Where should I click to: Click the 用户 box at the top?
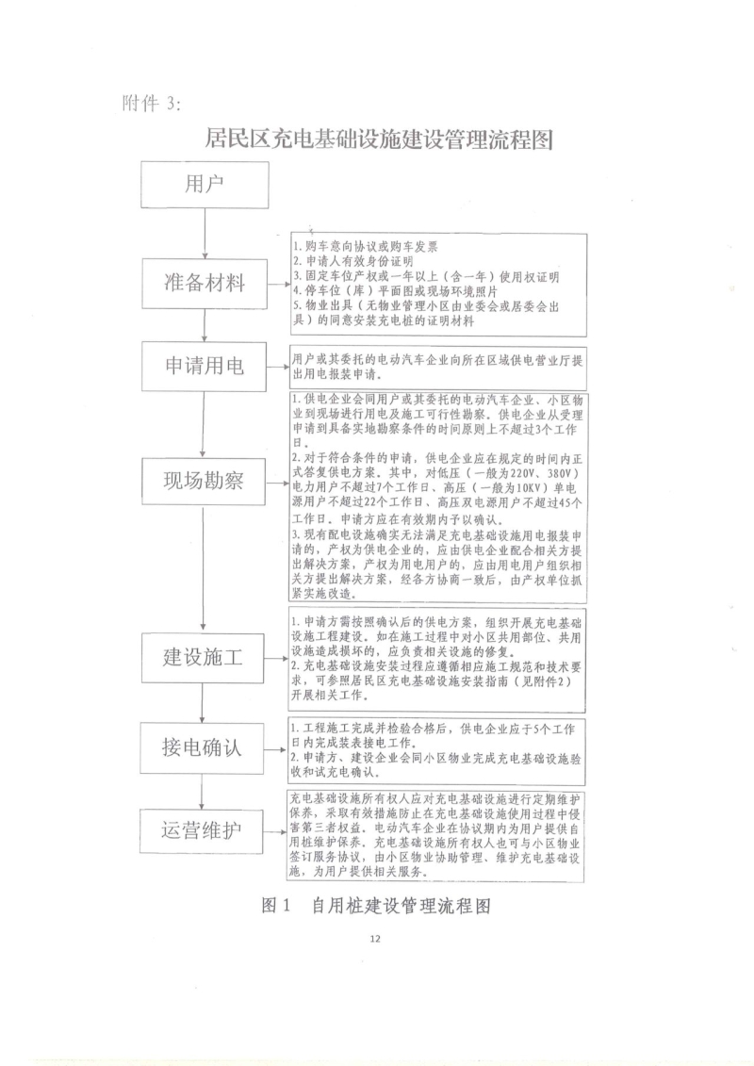coord(205,184)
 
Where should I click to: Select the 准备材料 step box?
coord(205,283)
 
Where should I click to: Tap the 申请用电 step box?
coord(204,367)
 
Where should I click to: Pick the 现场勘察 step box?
coord(204,482)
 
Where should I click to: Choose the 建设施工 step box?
coord(203,657)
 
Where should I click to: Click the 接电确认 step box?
coord(202,748)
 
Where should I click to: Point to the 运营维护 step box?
coord(202,830)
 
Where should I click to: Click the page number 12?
coord(375,939)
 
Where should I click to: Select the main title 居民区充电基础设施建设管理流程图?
coord(379,140)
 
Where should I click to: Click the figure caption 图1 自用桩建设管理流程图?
coord(376,906)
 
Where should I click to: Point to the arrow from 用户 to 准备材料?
coord(205,233)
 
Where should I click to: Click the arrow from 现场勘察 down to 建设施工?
coord(204,568)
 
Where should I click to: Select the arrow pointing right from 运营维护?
coord(274,831)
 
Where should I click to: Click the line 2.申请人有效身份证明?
coord(352,260)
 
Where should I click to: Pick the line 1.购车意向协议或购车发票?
coord(365,246)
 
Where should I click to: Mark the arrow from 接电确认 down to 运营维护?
coord(202,791)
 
